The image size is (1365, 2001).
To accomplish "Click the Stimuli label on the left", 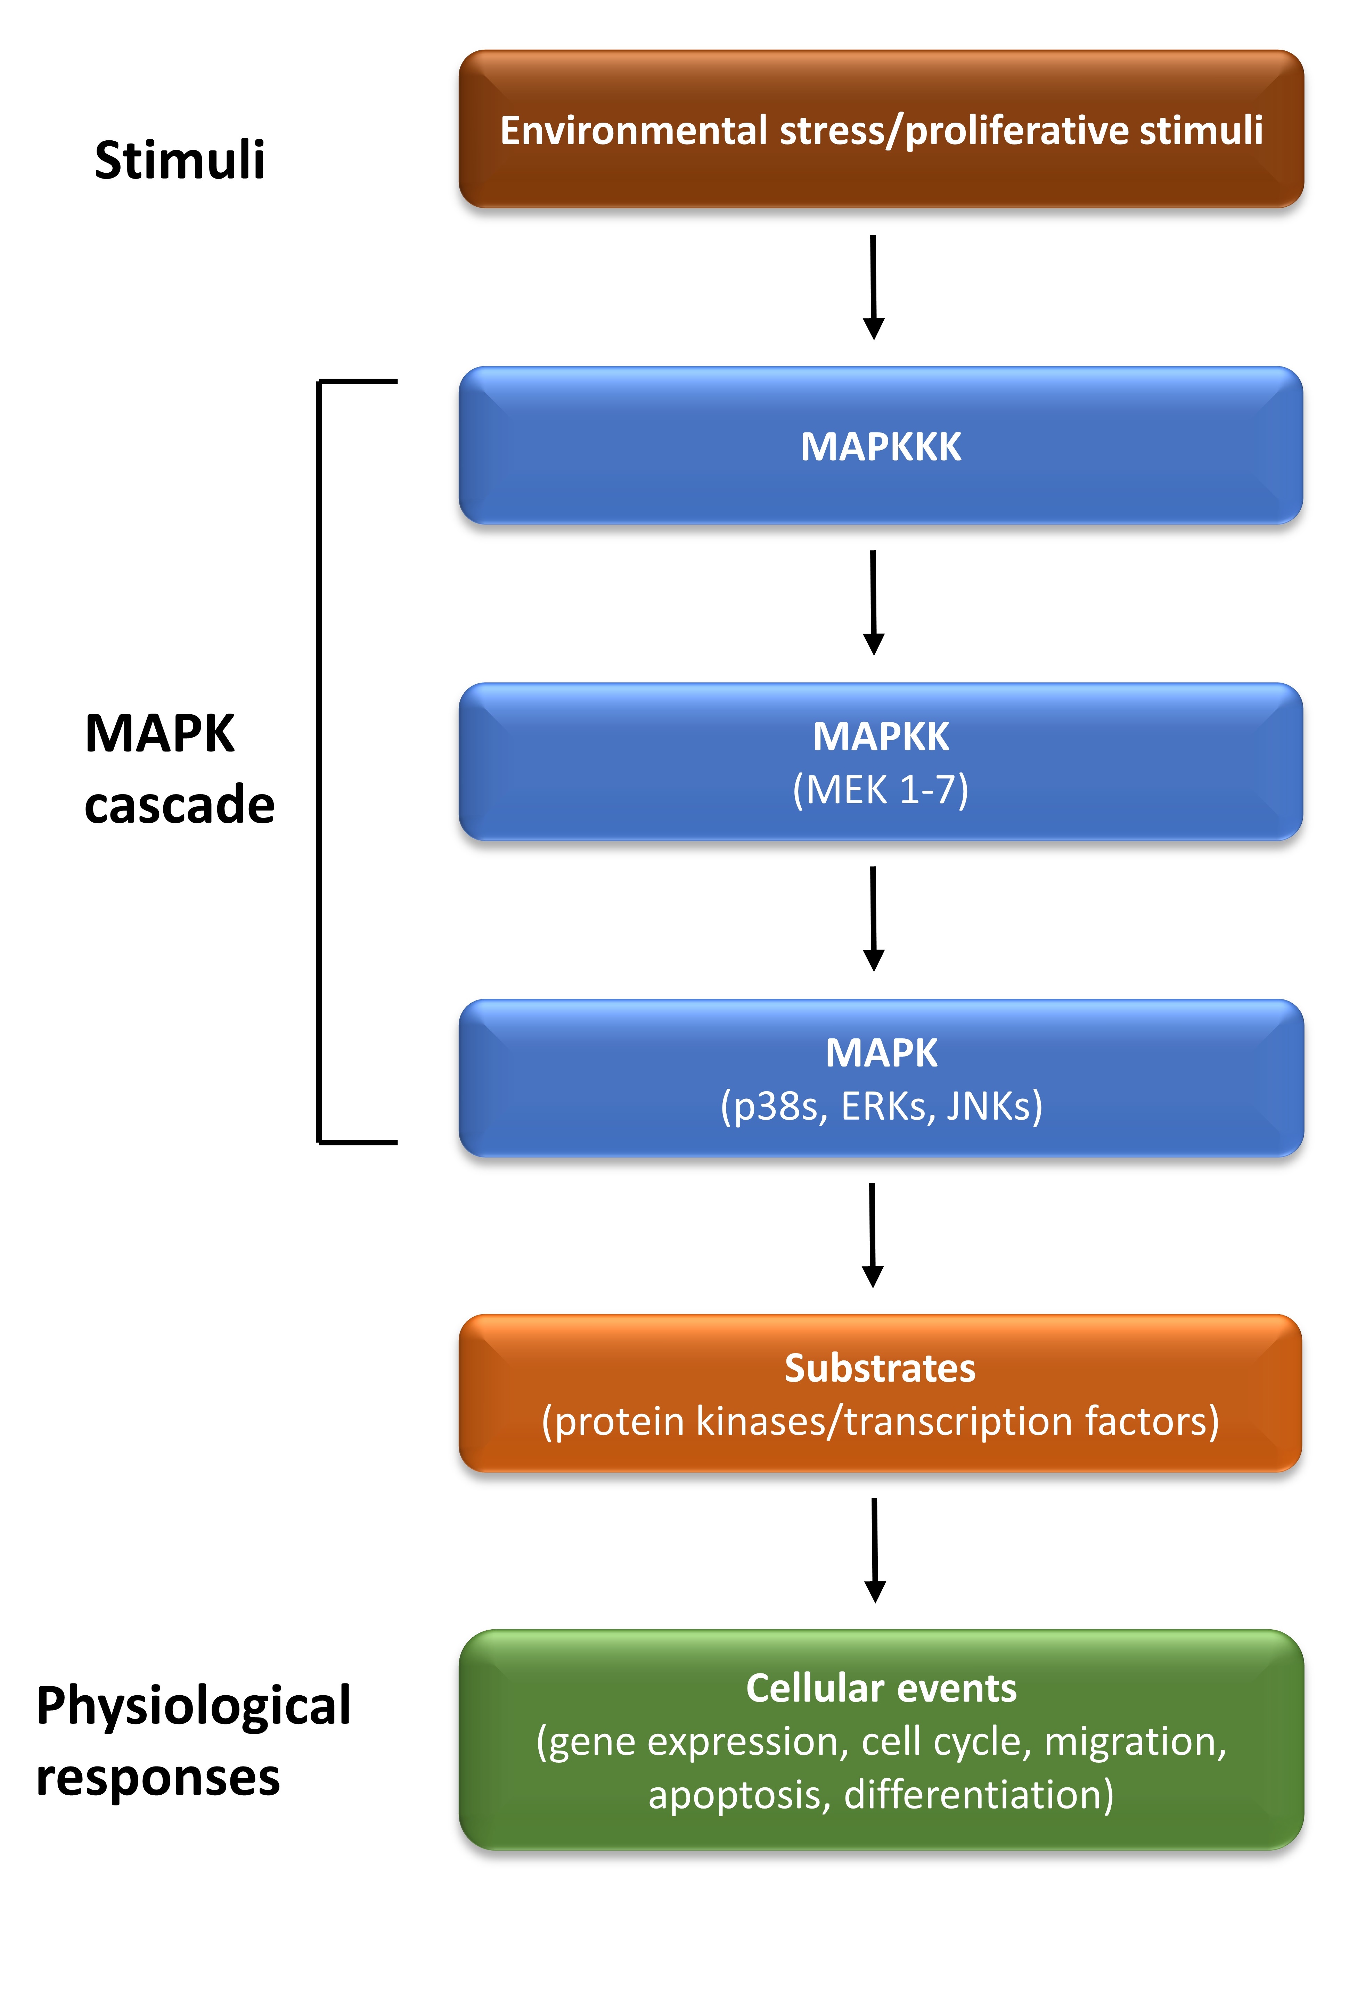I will click(x=179, y=160).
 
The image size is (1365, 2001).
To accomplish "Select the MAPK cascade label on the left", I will click(x=179, y=769).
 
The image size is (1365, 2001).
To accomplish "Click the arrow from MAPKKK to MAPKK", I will click(x=873, y=603).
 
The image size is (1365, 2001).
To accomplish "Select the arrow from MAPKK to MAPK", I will click(x=873, y=919).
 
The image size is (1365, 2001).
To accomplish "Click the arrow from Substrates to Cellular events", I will click(x=874, y=1550).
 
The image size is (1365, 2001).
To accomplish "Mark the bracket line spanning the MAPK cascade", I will click(x=319, y=762).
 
